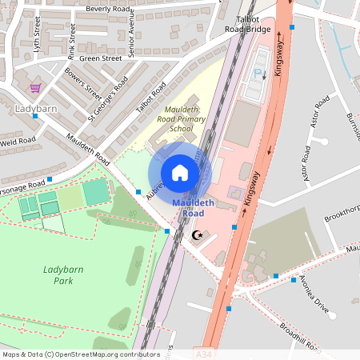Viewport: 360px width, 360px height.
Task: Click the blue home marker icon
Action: pos(180,173)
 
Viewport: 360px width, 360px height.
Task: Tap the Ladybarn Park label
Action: pos(58,275)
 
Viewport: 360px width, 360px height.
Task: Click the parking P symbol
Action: pos(258,74)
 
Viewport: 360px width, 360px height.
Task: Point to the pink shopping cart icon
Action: pos(35,88)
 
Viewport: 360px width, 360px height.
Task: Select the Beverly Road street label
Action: pos(107,9)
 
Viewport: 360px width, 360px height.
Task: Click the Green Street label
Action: pos(100,58)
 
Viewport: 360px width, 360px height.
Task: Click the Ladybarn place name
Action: pos(37,106)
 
